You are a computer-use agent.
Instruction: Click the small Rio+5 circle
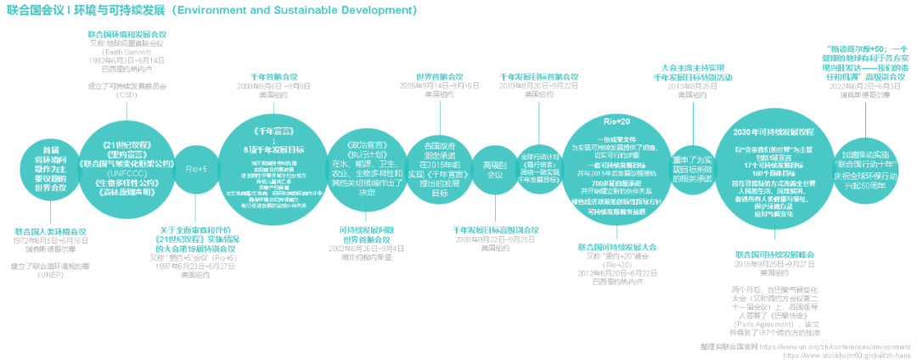pyautogui.click(x=197, y=168)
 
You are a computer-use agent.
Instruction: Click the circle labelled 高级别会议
pyautogui.click(x=488, y=168)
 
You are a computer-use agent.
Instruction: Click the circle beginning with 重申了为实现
pyautogui.click(x=692, y=166)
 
